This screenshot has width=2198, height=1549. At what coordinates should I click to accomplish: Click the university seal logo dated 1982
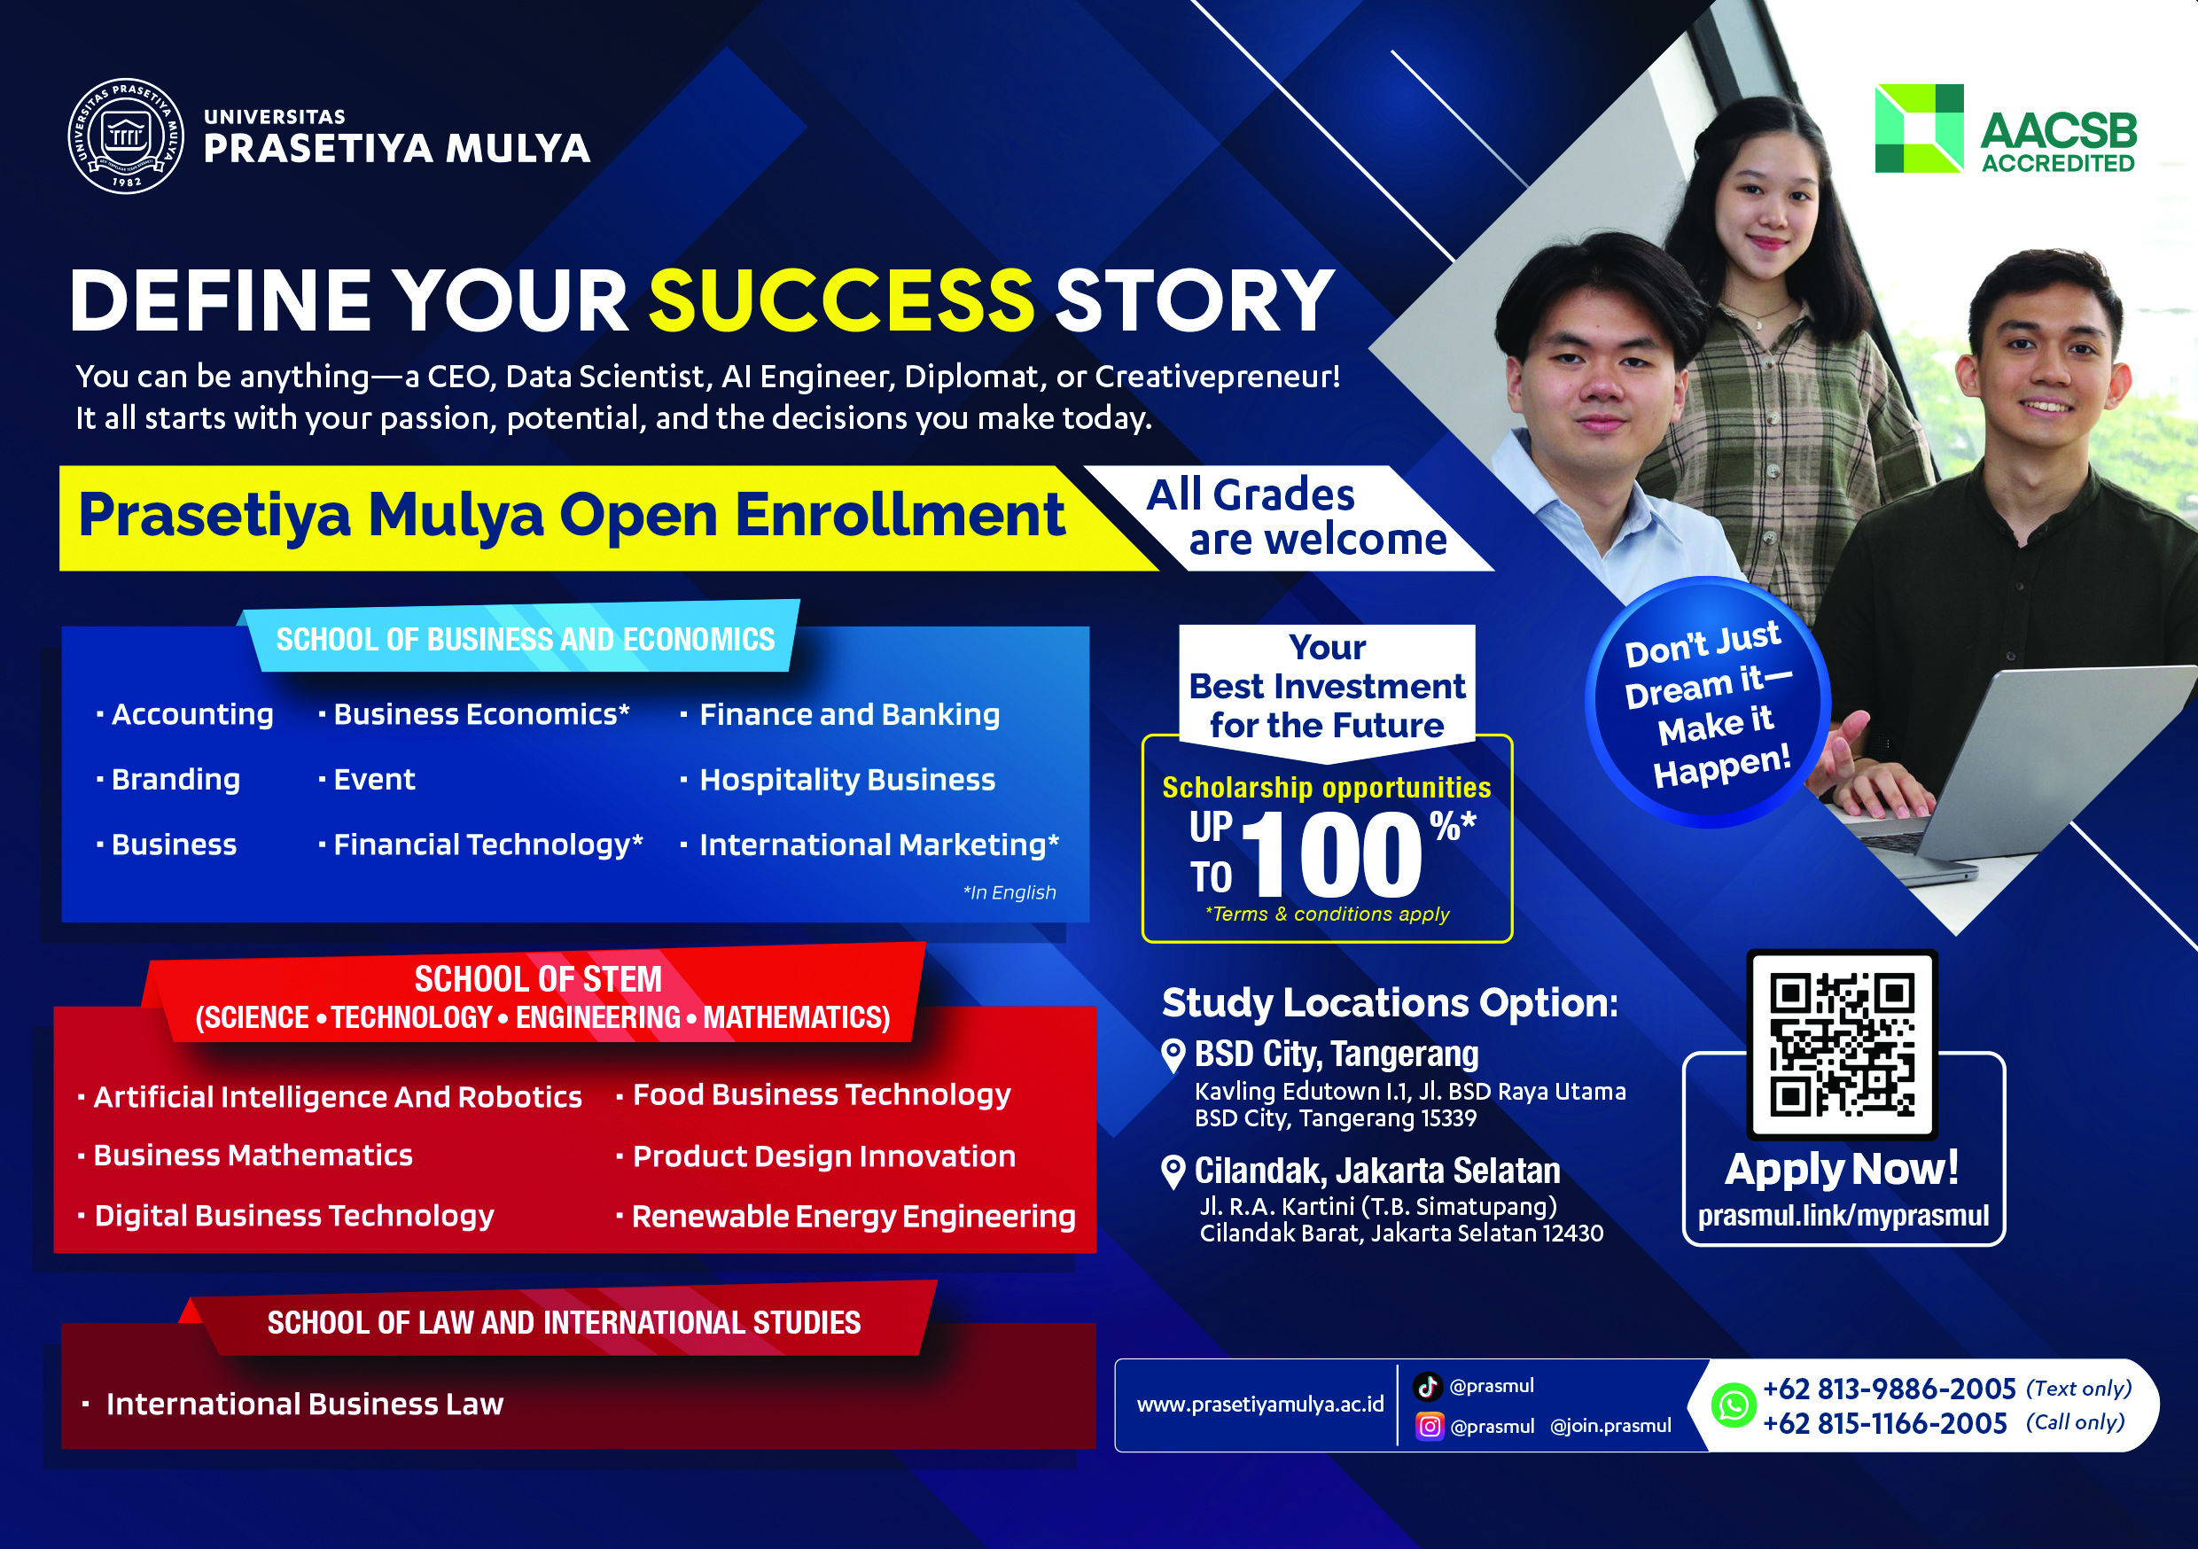tap(127, 136)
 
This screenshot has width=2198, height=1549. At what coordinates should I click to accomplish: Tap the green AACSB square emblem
tap(1919, 128)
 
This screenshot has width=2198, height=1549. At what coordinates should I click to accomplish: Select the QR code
tap(1842, 1045)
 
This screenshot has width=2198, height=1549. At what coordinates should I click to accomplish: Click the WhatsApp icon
tap(1734, 1405)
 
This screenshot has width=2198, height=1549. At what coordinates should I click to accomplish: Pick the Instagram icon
tap(1430, 1427)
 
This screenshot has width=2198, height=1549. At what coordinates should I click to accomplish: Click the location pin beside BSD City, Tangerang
tap(1173, 1056)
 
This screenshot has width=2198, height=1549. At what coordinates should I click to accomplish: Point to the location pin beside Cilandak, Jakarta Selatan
tap(1173, 1171)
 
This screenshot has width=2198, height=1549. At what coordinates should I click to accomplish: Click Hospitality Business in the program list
tap(847, 779)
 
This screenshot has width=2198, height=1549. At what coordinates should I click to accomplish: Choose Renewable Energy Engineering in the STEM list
tap(853, 1216)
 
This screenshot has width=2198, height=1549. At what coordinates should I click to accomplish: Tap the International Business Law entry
tap(304, 1404)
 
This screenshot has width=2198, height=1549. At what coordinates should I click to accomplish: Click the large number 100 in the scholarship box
tap(1330, 853)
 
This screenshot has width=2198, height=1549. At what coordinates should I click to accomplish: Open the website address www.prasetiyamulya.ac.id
tap(1259, 1405)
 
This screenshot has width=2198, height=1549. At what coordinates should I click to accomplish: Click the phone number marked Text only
tap(1889, 1389)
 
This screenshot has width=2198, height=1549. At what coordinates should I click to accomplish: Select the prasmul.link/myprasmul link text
tap(1843, 1215)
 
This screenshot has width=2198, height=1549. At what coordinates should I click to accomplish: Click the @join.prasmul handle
tap(1610, 1426)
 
